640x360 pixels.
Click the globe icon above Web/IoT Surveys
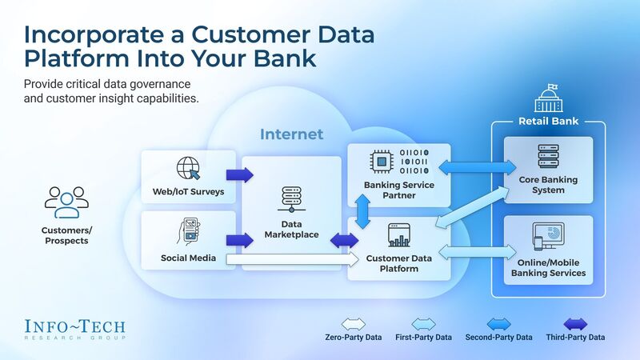(189, 169)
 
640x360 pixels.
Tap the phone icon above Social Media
(189, 230)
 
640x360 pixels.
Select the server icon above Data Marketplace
(290, 199)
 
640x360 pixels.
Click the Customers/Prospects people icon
(66, 202)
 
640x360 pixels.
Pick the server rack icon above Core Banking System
(548, 156)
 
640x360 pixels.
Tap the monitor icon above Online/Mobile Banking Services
(548, 238)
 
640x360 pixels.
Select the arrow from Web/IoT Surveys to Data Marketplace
(239, 174)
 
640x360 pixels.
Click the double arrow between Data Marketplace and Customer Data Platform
(345, 239)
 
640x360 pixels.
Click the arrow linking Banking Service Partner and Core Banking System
(478, 167)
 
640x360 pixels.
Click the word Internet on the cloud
(291, 134)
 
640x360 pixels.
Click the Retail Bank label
(548, 122)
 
